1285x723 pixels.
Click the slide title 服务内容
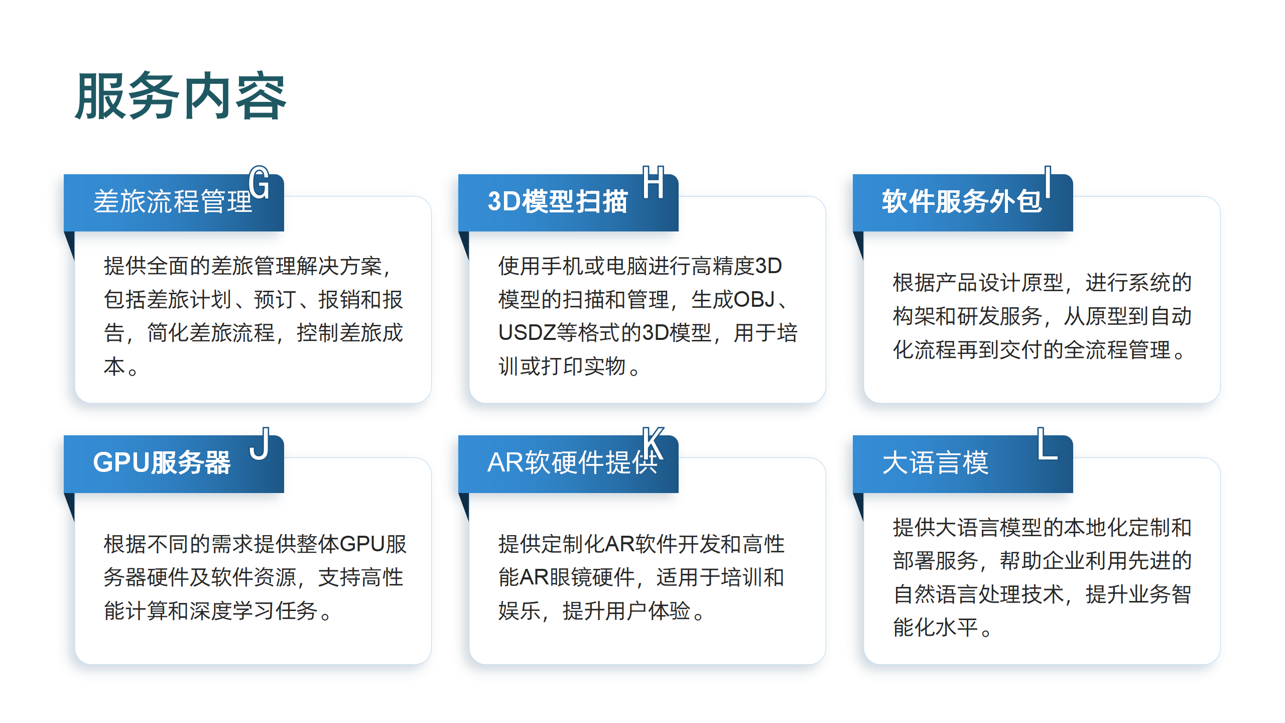(x=181, y=96)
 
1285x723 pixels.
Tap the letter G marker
(x=259, y=182)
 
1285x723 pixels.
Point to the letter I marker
(x=1048, y=182)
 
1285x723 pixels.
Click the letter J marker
(x=260, y=444)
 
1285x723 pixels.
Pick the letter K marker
(x=654, y=443)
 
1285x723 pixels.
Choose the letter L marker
(x=1048, y=443)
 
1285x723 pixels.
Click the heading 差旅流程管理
(x=173, y=202)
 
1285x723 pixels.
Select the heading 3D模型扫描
(x=558, y=202)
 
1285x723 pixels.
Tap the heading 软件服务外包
(x=962, y=202)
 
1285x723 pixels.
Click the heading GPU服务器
(x=162, y=463)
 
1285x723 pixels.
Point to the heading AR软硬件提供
(x=572, y=463)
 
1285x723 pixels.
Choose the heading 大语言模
(x=935, y=463)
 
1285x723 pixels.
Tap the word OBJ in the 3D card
(x=755, y=300)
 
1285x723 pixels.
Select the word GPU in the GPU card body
(x=362, y=544)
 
